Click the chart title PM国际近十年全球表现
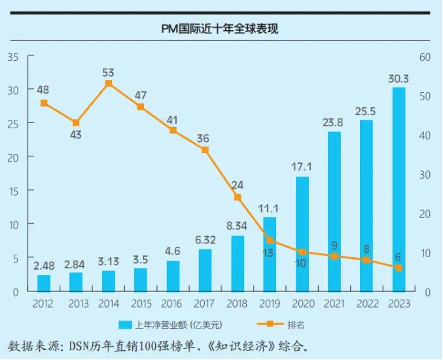click(220, 29)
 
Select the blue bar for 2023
click(399, 189)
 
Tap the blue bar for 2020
click(302, 234)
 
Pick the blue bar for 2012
click(44, 283)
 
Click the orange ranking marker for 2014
click(109, 83)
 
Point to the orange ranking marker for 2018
click(238, 197)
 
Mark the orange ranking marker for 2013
click(76, 123)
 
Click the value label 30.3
click(399, 79)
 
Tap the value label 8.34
click(237, 226)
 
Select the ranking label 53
click(108, 73)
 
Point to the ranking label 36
click(203, 139)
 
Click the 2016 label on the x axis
click(171, 304)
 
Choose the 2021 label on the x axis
click(334, 304)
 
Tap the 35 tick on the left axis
click(13, 57)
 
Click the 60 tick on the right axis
click(425, 57)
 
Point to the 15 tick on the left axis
click(13, 191)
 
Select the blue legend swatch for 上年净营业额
click(125, 325)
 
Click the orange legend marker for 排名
click(270, 324)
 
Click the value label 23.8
click(333, 122)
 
